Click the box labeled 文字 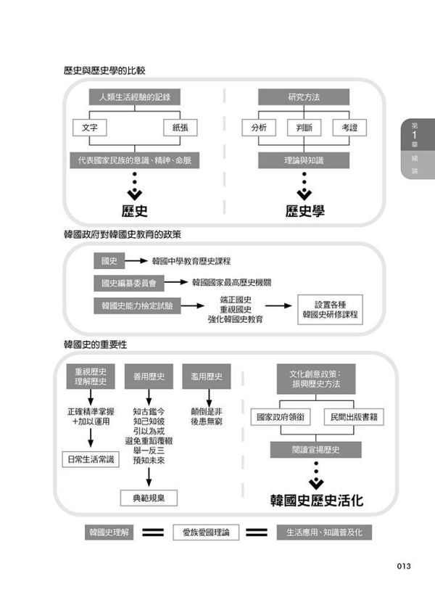(x=91, y=128)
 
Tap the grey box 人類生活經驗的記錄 (x=135, y=97)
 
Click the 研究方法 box (x=304, y=97)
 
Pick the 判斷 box (x=304, y=128)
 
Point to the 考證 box (x=349, y=128)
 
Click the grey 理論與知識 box (x=304, y=159)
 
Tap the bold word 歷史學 (x=304, y=212)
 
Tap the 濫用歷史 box (x=207, y=376)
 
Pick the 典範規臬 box (x=149, y=498)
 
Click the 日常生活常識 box (x=91, y=458)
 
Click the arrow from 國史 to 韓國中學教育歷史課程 (x=138, y=261)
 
